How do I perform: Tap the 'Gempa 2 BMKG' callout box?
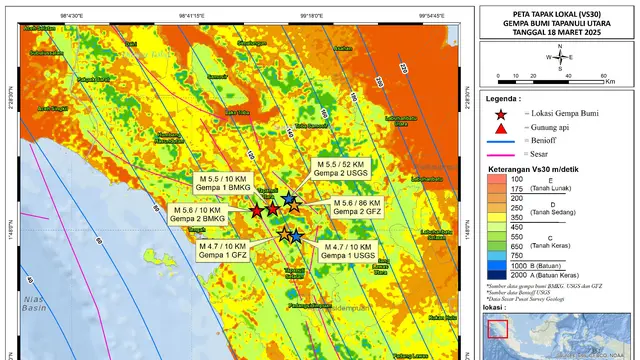[197, 214]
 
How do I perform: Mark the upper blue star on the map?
[289, 200]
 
